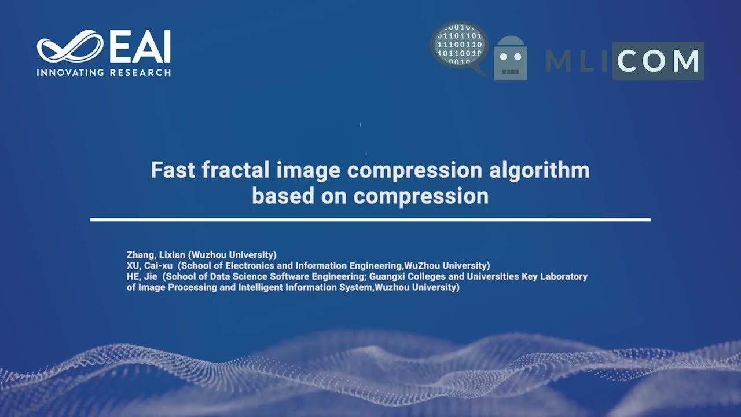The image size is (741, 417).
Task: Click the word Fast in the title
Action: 169,170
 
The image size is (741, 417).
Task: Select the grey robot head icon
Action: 510,58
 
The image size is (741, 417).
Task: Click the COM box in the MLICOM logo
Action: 658,61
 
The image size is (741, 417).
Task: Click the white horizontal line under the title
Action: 370,220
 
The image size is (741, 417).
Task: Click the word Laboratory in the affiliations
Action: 563,277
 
